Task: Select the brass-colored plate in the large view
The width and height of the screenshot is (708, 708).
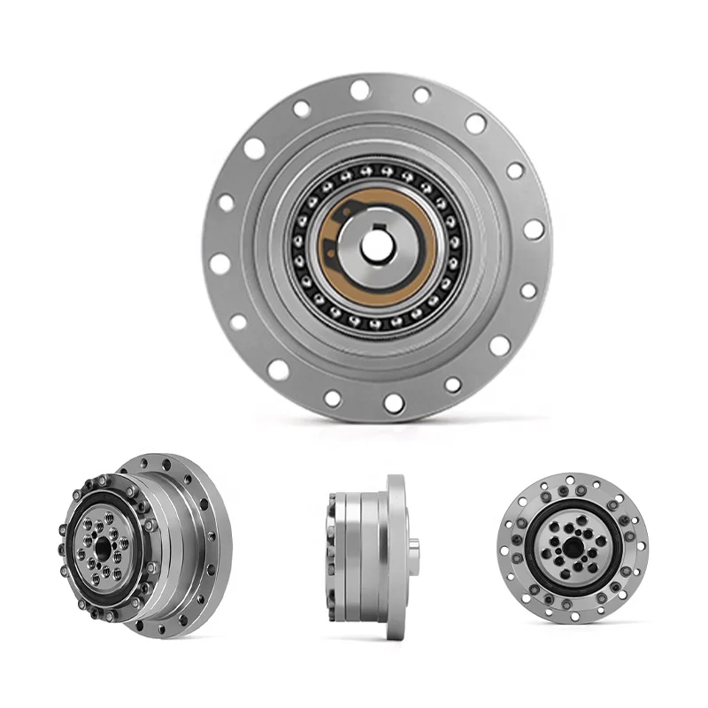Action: pos(332,265)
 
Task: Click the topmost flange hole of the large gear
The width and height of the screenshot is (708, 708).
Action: pos(359,89)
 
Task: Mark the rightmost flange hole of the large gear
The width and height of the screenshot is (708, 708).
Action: pos(533,229)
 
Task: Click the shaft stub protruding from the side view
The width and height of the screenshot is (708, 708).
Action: pos(414,543)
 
